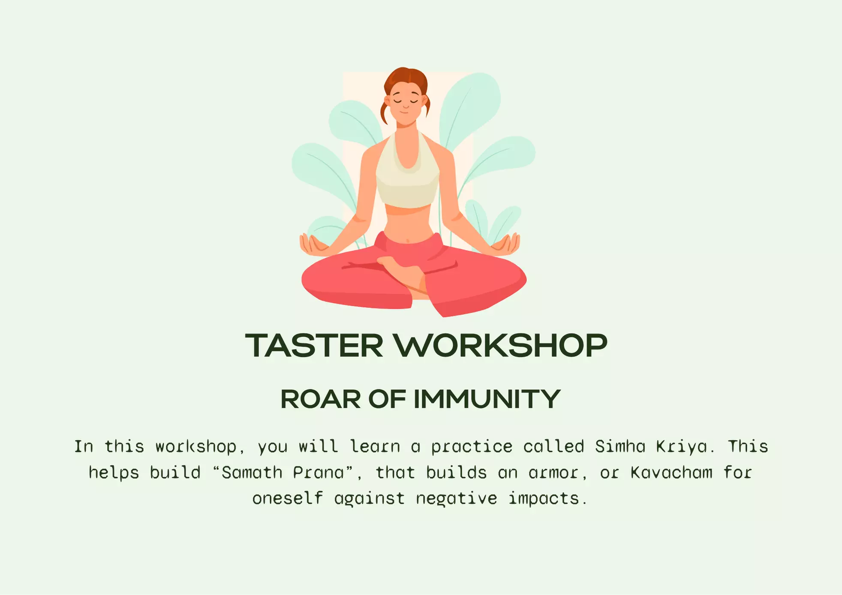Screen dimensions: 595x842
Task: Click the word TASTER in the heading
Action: pyautogui.click(x=314, y=345)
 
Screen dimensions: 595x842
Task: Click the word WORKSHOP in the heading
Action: pyautogui.click(x=501, y=345)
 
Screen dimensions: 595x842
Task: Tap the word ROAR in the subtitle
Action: pyautogui.click(x=320, y=399)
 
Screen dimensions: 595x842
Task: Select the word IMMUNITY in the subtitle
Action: pyautogui.click(x=487, y=399)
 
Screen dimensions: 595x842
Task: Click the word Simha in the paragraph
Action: pyautogui.click(x=620, y=447)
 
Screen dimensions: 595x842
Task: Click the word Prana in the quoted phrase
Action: pyautogui.click(x=319, y=473)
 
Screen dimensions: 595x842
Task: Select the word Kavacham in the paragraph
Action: pyautogui.click(x=671, y=473)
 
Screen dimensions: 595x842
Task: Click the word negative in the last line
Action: pyautogui.click(x=457, y=499)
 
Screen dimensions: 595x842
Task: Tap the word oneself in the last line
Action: pyautogui.click(x=287, y=499)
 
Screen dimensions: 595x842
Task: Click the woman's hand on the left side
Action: pyautogui.click(x=312, y=245)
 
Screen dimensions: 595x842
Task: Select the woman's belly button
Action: pyautogui.click(x=409, y=240)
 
